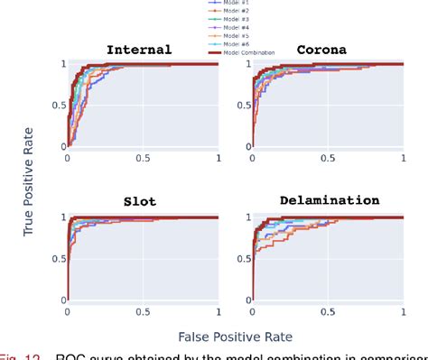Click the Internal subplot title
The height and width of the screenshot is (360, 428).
point(139,50)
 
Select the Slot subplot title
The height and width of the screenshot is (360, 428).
point(139,202)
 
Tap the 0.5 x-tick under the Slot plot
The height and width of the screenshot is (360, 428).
point(143,312)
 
